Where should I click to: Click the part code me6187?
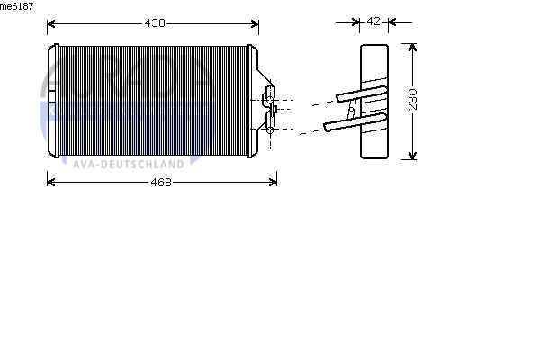coord(17,6)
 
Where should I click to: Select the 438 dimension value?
coord(155,23)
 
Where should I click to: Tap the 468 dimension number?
coord(161,182)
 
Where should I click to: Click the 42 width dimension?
coord(373,22)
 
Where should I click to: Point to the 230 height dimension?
coord(412,100)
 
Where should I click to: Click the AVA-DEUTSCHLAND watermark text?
coord(129,165)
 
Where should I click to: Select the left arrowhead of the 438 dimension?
coord(51,23)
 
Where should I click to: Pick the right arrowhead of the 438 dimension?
coord(255,23)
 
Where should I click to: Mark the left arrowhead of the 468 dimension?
coord(51,182)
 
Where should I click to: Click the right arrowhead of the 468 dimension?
coord(273,182)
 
